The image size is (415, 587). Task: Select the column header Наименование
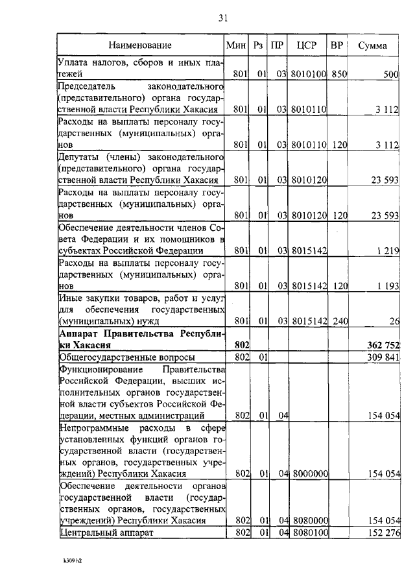[140, 45]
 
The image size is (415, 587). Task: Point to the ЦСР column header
[306, 45]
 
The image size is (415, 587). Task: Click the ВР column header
[337, 45]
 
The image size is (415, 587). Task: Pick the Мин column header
[234, 45]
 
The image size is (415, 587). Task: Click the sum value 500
[390, 75]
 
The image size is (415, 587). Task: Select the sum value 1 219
[386, 251]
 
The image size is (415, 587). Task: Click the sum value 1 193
[386, 285]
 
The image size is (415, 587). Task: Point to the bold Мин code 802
[241, 344]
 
